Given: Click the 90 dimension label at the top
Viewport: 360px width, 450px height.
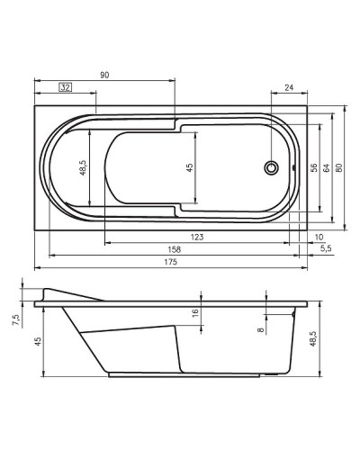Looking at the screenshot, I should click(105, 76).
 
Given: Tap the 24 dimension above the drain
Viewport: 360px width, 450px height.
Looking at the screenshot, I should click(289, 87).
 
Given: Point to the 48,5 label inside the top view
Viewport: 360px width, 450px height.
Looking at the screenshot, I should click(83, 167).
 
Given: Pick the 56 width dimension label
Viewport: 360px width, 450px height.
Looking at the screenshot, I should click(313, 167).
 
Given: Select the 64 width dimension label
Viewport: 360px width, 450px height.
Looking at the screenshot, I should click(326, 167).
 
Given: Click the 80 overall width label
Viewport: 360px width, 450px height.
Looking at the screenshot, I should click(339, 167).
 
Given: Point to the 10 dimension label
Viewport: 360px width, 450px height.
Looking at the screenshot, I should click(319, 237).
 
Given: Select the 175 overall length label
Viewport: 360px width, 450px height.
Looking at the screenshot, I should click(170, 262).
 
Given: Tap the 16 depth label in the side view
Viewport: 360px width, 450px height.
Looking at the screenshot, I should click(194, 312).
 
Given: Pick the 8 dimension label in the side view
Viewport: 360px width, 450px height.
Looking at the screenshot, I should click(261, 330).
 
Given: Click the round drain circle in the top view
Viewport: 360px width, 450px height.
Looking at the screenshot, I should click(269, 167).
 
